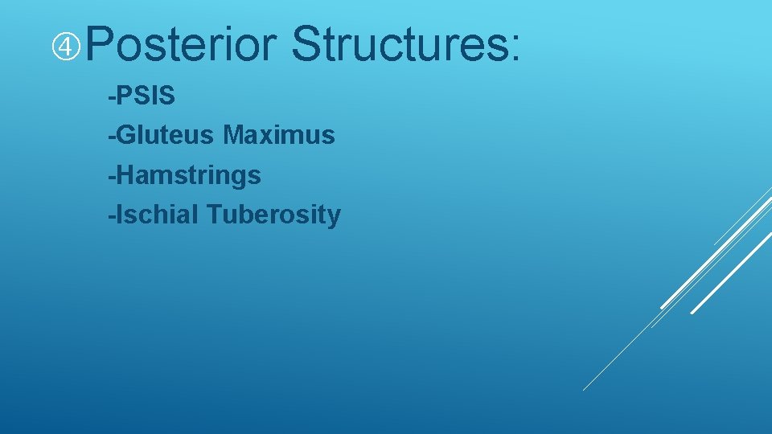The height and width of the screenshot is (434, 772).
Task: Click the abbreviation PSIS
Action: (x=146, y=96)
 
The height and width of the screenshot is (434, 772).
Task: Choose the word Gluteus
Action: (x=166, y=136)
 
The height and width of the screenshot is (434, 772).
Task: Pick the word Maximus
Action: (x=279, y=136)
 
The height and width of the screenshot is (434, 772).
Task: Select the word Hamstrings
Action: (x=188, y=175)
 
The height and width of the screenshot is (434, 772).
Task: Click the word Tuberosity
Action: (x=273, y=215)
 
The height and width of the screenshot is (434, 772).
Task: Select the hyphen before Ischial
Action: (x=112, y=216)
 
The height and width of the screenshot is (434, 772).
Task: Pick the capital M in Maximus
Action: (x=235, y=136)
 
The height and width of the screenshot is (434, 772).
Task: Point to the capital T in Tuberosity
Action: (x=214, y=215)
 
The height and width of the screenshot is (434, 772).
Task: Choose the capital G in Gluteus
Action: (x=126, y=136)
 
